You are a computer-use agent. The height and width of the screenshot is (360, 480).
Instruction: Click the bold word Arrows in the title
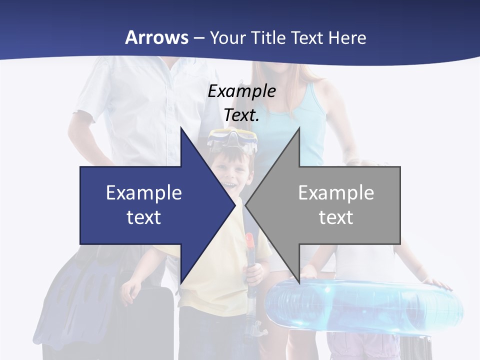pyautogui.click(x=156, y=37)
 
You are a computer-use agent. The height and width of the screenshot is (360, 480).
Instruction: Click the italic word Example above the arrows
pyautogui.click(x=241, y=91)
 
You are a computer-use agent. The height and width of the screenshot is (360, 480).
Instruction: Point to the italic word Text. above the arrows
pyautogui.click(x=241, y=115)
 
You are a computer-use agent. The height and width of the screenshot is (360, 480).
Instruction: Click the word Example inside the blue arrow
pyautogui.click(x=144, y=192)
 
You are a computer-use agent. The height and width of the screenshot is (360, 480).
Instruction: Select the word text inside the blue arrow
pyautogui.click(x=144, y=217)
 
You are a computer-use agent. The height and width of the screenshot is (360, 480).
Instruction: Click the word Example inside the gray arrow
pyautogui.click(x=336, y=192)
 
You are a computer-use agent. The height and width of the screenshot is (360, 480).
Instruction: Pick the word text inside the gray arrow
pyautogui.click(x=336, y=217)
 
